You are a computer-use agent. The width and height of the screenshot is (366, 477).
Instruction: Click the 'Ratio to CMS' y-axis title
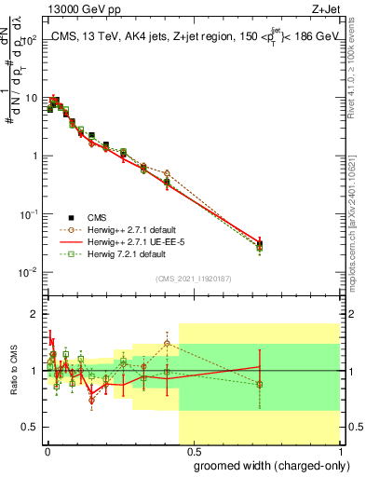pyautogui.click(x=13, y=371)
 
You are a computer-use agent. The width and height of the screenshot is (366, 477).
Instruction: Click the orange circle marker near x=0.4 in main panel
pyautogui.click(x=167, y=173)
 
